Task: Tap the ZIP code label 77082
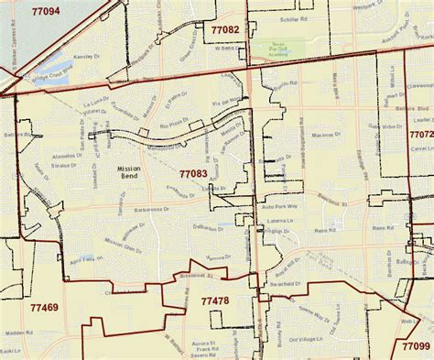click(224, 30)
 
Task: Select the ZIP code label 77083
click(192, 172)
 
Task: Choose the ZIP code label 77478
click(215, 300)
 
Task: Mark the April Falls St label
click(85, 259)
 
